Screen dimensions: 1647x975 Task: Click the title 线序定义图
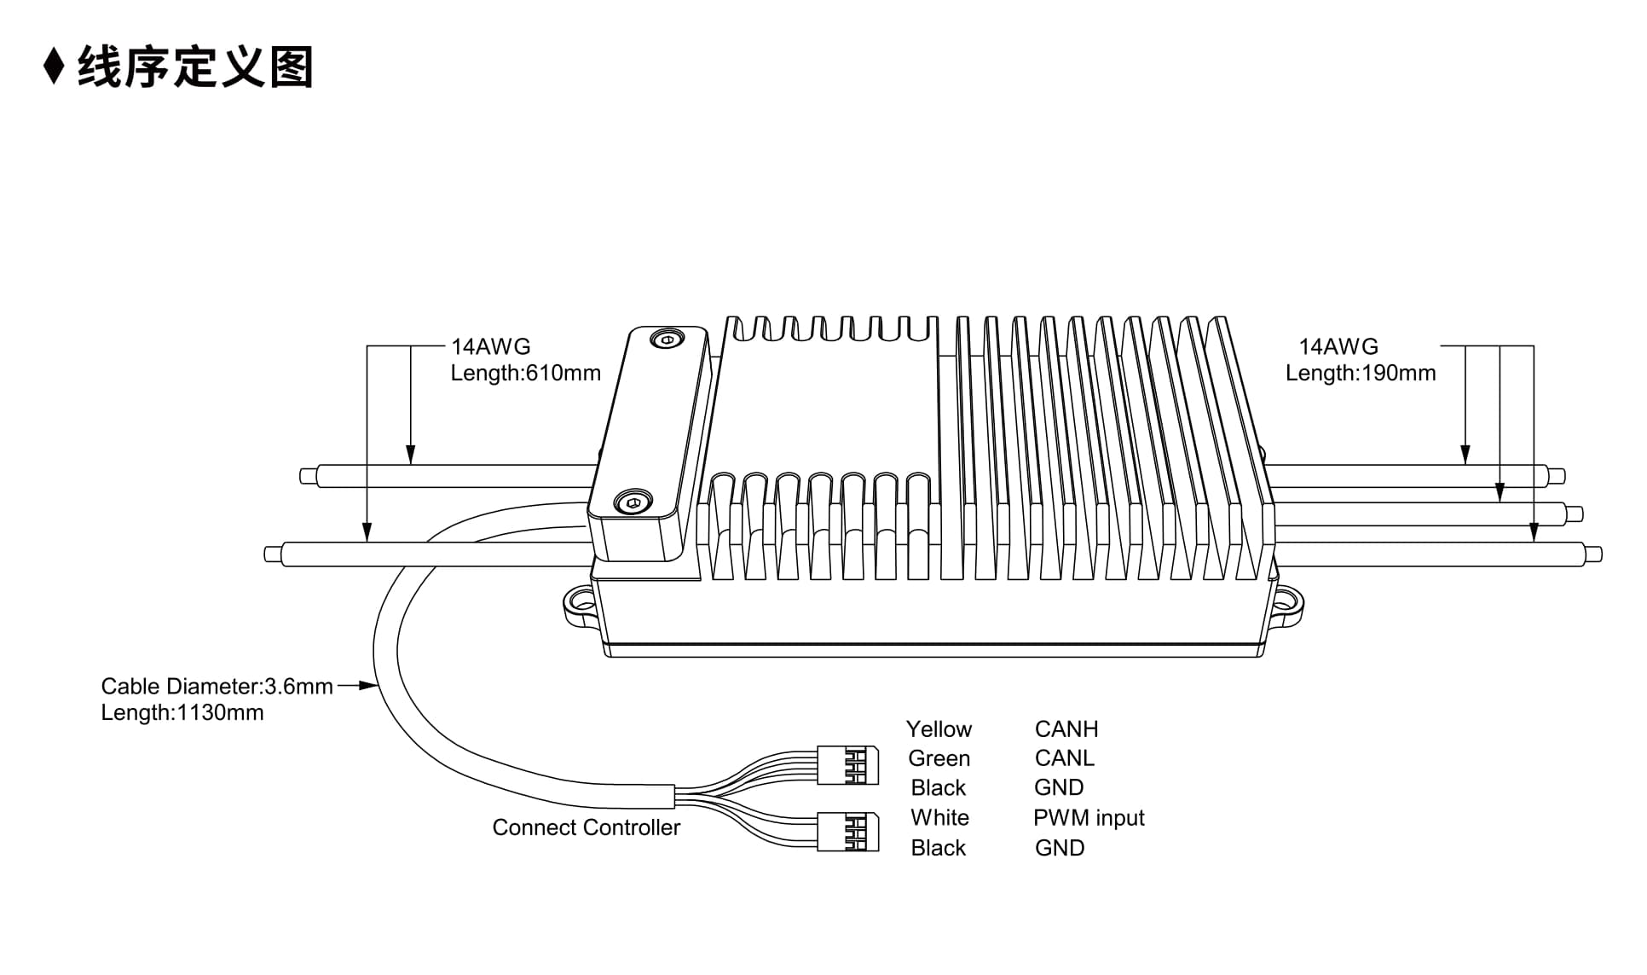coord(196,67)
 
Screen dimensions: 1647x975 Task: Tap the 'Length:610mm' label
coord(525,374)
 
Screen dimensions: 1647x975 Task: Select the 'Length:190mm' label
coord(1361,374)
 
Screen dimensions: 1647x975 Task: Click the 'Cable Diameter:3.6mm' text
coord(217,687)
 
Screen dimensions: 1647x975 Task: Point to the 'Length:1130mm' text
coord(182,713)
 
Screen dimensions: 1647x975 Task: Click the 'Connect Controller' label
coord(587,827)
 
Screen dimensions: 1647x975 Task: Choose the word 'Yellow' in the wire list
coord(939,729)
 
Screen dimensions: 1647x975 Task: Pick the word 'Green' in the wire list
coord(939,758)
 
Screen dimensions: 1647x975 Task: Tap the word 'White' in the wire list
coord(939,818)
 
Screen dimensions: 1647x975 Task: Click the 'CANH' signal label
coord(1066,729)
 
